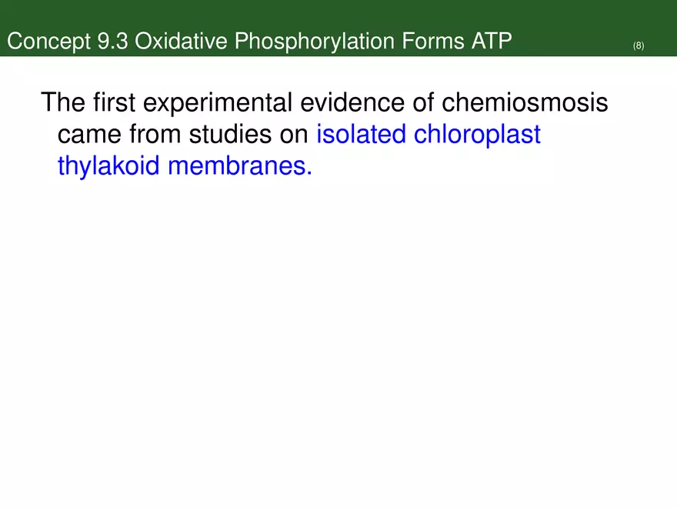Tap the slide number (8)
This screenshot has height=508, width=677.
pos(639,46)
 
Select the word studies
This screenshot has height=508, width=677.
pos(231,135)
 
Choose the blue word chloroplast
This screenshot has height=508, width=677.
pos(477,135)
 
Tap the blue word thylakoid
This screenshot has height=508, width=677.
pos(108,167)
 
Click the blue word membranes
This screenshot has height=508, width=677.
pos(239,167)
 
